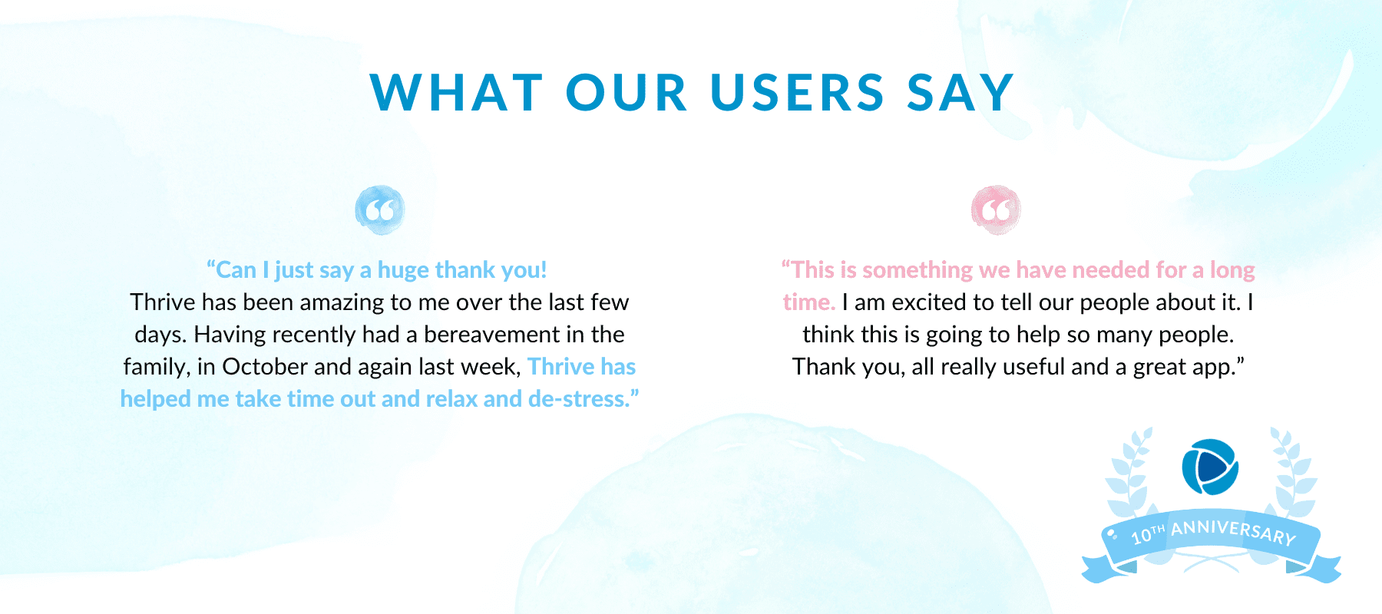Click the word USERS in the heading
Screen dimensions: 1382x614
tap(798, 93)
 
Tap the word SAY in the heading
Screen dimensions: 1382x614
tap(960, 93)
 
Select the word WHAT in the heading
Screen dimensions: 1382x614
tap(457, 93)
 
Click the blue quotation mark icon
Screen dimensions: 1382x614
tap(380, 210)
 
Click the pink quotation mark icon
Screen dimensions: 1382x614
tap(996, 210)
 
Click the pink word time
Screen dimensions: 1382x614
tap(808, 302)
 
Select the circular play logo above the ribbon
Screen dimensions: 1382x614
tap(1210, 467)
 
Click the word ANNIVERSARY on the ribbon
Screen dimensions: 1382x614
tap(1233, 530)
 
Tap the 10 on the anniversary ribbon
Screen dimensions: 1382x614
tap(1141, 535)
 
